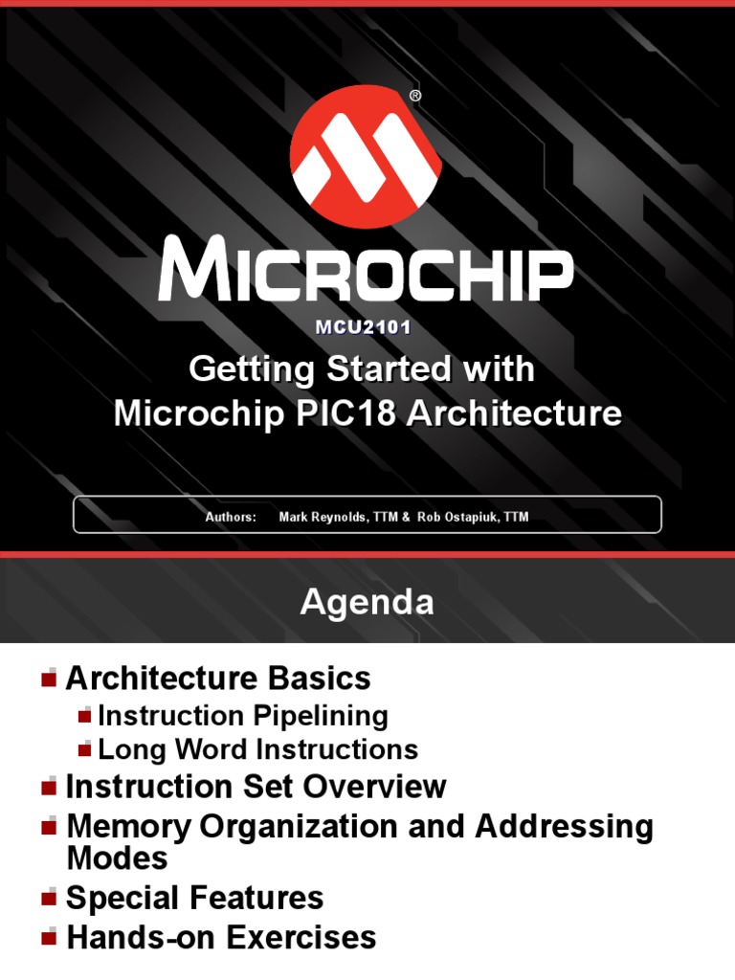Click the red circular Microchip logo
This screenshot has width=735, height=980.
(366, 158)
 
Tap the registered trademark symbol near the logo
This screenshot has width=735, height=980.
(414, 96)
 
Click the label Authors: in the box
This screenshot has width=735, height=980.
(231, 518)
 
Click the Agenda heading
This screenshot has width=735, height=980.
(367, 602)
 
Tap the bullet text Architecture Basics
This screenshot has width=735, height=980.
(217, 679)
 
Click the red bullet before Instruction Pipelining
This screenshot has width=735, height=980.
(86, 716)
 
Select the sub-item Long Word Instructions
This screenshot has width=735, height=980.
(257, 749)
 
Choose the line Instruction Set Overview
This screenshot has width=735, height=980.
(256, 788)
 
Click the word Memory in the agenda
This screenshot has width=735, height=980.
(129, 826)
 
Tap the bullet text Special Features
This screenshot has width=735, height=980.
(194, 899)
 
